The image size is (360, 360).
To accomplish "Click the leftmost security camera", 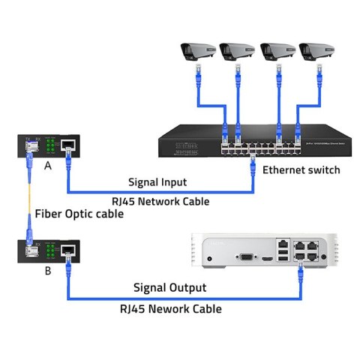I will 196,52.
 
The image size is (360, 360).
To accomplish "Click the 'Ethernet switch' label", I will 301,170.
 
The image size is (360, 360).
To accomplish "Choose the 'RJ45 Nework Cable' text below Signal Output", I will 172,307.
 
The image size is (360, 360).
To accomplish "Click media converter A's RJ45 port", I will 67,145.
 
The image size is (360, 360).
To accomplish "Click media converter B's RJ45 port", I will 67,250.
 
